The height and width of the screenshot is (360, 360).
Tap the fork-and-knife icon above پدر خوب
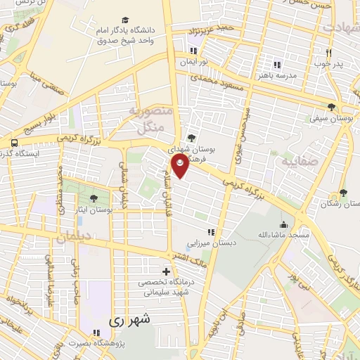(x=328, y=53)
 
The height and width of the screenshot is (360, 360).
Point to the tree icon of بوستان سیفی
(x=331, y=108)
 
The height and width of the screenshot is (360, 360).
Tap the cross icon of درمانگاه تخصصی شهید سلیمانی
(x=166, y=271)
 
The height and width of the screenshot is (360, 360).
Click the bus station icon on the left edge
(x=14, y=144)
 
